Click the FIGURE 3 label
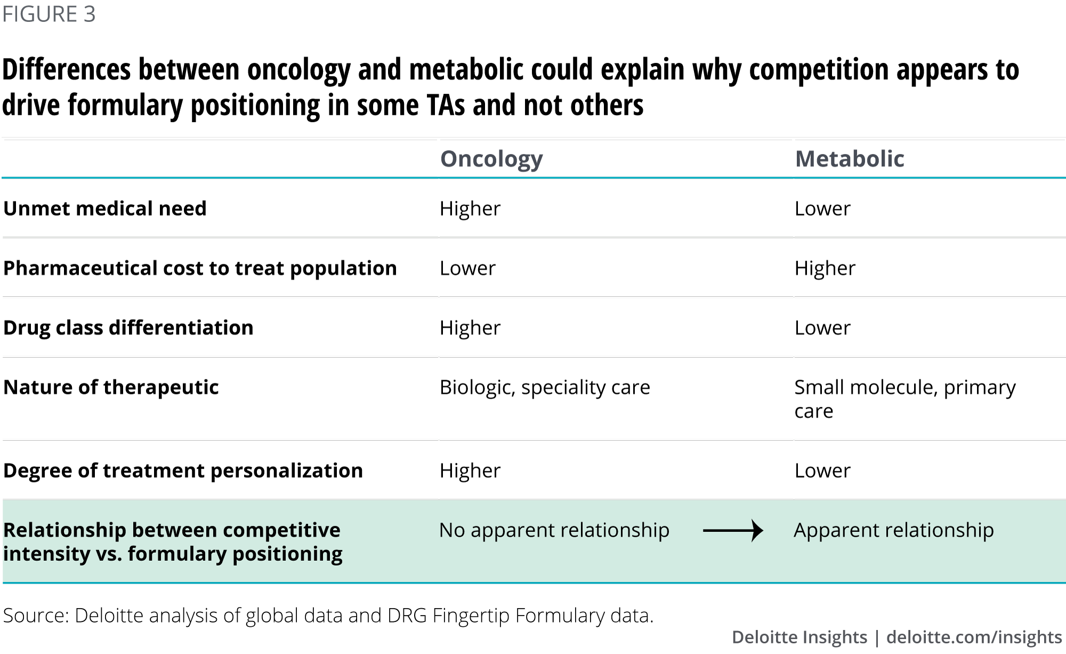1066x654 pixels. point(49,14)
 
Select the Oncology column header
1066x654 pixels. point(491,159)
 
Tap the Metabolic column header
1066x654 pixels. point(850,159)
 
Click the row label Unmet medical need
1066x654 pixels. point(105,208)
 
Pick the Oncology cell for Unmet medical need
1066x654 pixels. point(470,208)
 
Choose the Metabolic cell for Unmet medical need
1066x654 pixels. point(822,208)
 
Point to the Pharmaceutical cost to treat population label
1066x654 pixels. point(200,268)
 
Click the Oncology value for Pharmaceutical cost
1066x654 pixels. point(467,268)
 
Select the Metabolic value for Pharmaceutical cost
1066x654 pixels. point(825,268)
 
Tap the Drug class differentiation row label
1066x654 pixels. point(128,328)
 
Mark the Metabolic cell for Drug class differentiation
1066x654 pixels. point(822,328)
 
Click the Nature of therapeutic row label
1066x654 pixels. point(111,387)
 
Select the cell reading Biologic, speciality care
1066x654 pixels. point(545,387)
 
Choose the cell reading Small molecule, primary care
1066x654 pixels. point(905,399)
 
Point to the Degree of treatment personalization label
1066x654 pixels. point(183,471)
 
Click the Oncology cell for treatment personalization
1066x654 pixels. point(470,471)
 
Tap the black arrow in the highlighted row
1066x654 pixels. point(733,530)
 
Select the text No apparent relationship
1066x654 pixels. point(554,530)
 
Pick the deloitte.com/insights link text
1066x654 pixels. point(974,637)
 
